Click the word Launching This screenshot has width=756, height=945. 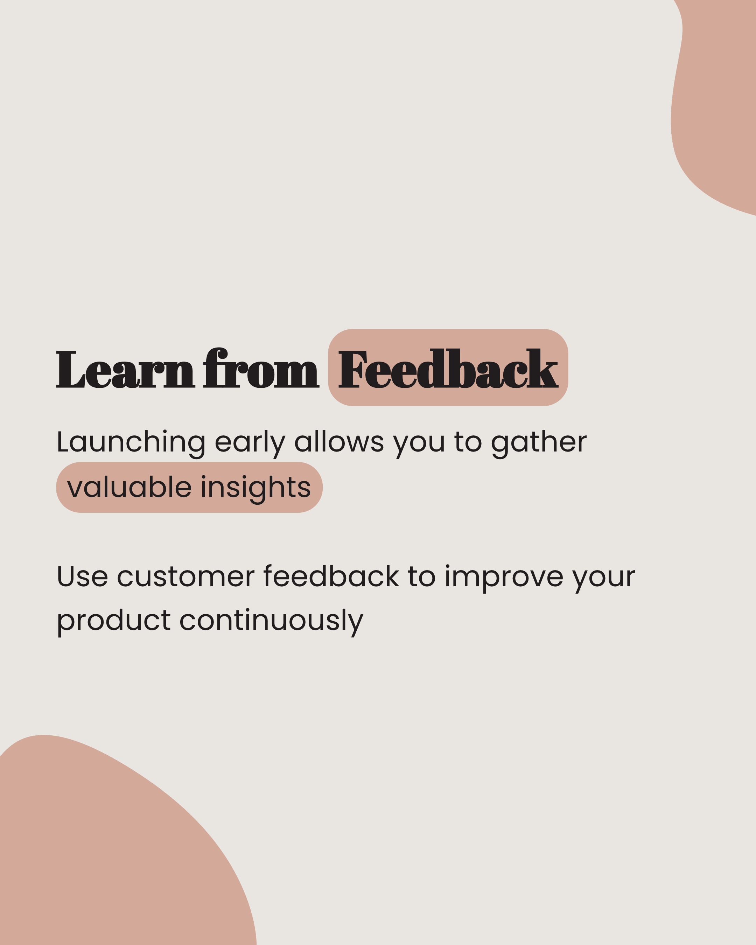click(x=131, y=442)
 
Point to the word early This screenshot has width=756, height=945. click(x=249, y=442)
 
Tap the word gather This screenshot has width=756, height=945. click(x=539, y=442)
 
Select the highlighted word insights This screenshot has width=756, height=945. click(x=255, y=488)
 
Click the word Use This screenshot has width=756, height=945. click(x=82, y=576)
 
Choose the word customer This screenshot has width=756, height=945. click(x=185, y=576)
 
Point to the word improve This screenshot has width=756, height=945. click(x=504, y=577)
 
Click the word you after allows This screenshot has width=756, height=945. click(x=419, y=443)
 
